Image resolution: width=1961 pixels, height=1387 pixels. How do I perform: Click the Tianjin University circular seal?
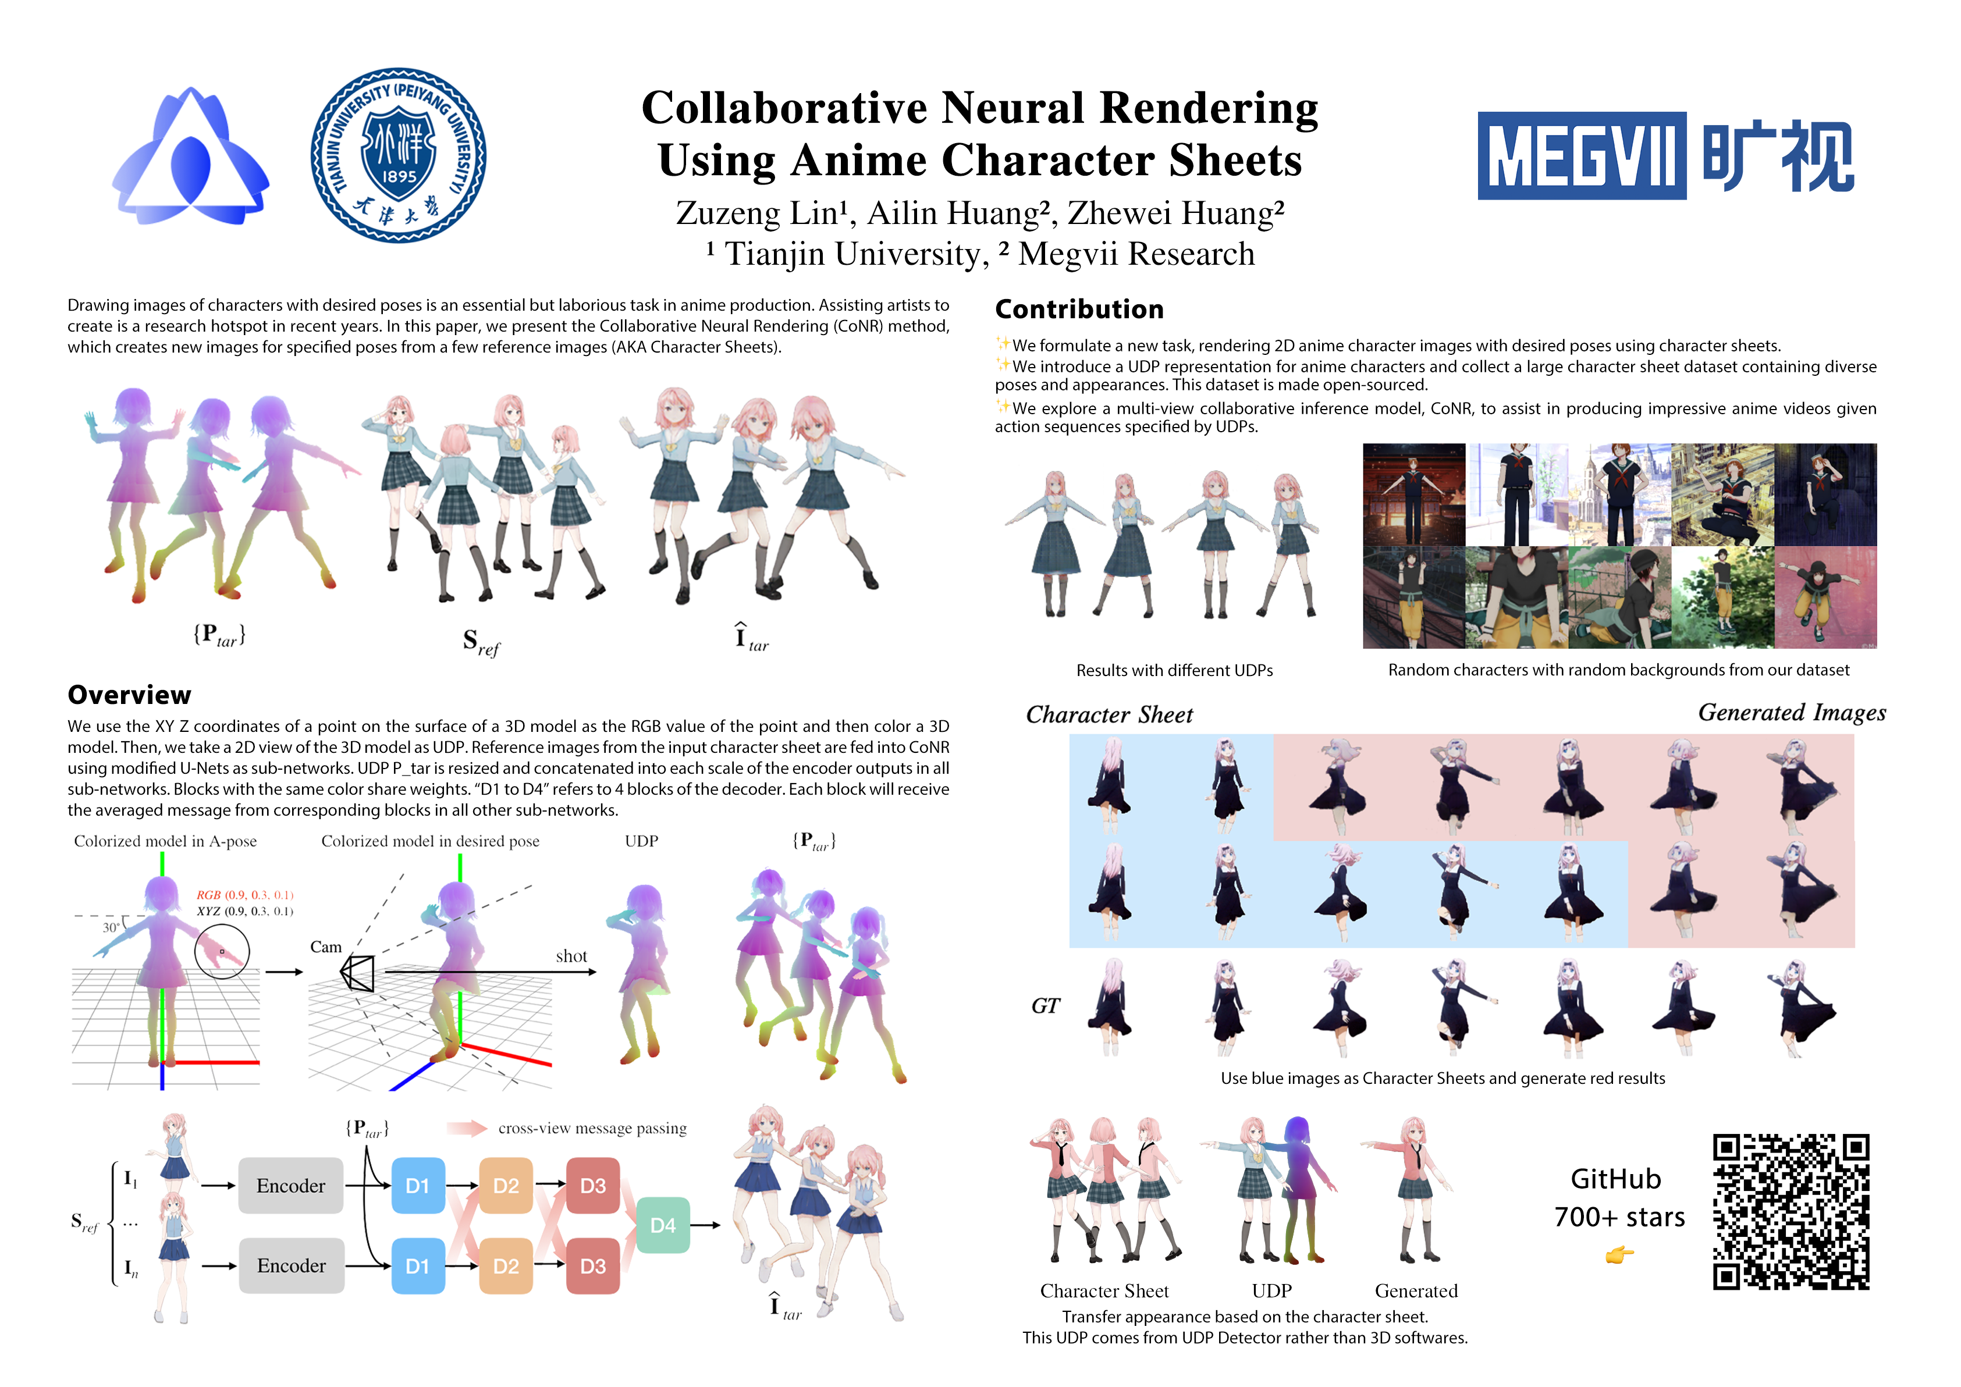(x=398, y=155)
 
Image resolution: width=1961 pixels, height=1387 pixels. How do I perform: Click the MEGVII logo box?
(x=1581, y=157)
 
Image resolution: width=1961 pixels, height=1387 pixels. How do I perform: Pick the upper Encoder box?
(x=290, y=1186)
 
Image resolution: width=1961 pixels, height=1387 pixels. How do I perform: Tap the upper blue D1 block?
(x=418, y=1186)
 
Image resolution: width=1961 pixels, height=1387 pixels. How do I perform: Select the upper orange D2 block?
(x=506, y=1186)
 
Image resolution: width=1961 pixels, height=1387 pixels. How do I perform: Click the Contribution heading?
(x=1079, y=309)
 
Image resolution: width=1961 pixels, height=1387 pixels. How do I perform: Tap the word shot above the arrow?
(x=571, y=956)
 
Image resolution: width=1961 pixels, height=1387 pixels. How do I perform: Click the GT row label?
(x=1046, y=1005)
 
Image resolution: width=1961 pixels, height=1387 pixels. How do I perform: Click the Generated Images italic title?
(x=1791, y=712)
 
